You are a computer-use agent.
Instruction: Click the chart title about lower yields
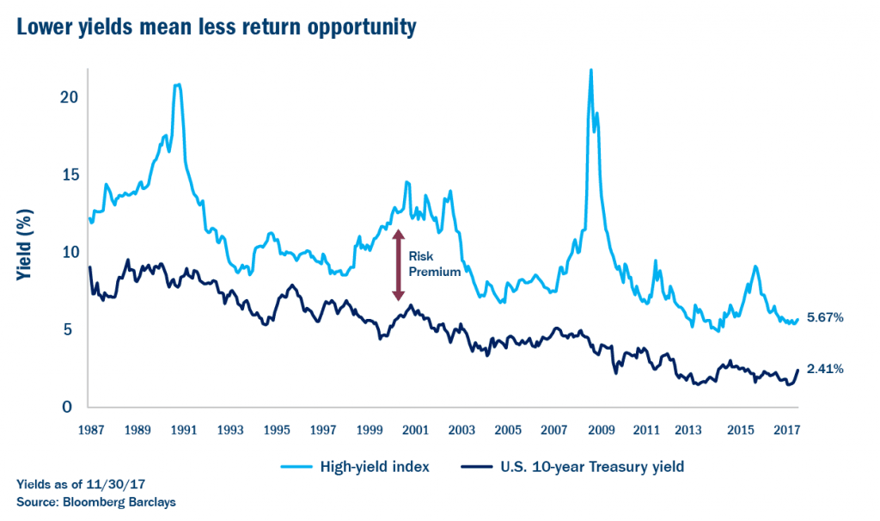[216, 28]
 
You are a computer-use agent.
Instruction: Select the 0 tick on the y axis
[74, 408]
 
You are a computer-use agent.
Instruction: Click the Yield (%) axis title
[25, 251]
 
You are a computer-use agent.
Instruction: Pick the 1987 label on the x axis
[90, 429]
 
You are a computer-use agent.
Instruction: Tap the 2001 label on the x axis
[415, 429]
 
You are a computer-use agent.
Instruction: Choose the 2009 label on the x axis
[601, 429]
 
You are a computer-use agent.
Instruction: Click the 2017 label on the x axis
[785, 429]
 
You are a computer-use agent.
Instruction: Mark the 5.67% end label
[825, 317]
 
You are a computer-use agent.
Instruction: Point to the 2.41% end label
[825, 369]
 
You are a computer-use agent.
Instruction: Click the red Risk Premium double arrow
[398, 265]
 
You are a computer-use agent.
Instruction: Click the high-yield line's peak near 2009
[590, 70]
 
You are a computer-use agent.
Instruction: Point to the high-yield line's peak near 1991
[177, 84]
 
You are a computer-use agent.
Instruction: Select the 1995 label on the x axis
[276, 429]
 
